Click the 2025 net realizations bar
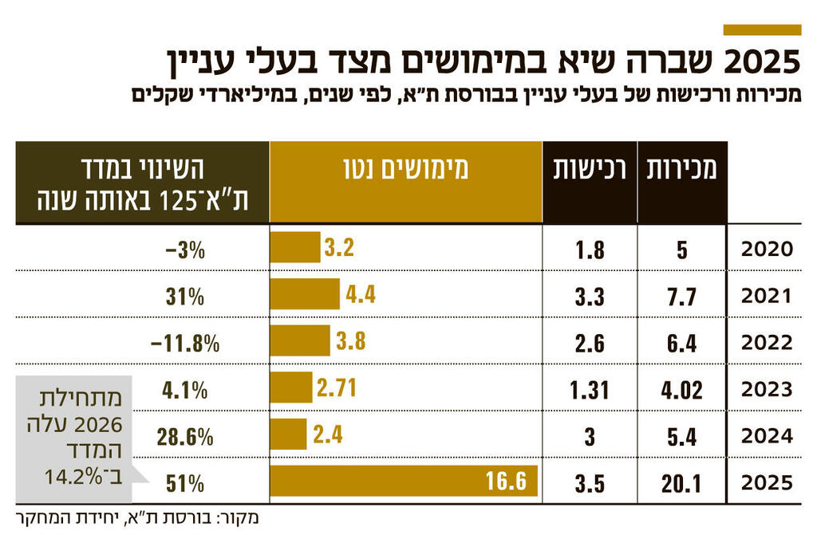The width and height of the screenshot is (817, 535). pyautogui.click(x=404, y=482)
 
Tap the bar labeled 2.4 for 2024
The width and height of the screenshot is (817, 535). pyautogui.click(x=288, y=435)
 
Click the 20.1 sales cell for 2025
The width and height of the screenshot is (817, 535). pyautogui.click(x=681, y=482)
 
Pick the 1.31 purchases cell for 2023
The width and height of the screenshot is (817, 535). pyautogui.click(x=590, y=389)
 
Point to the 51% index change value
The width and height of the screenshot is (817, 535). pyautogui.click(x=187, y=482)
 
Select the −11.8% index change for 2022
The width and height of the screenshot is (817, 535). pyautogui.click(x=184, y=343)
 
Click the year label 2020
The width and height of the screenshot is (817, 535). pyautogui.click(x=767, y=250)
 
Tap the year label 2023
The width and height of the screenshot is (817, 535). pyautogui.click(x=767, y=389)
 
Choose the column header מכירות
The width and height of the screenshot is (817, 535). pyautogui.click(x=681, y=170)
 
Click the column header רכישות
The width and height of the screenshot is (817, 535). pyautogui.click(x=590, y=170)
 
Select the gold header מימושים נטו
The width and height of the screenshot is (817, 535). pyautogui.click(x=405, y=170)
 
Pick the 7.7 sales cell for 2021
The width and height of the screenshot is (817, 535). pyautogui.click(x=681, y=297)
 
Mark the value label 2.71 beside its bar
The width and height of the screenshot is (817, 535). pyautogui.click(x=336, y=388)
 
